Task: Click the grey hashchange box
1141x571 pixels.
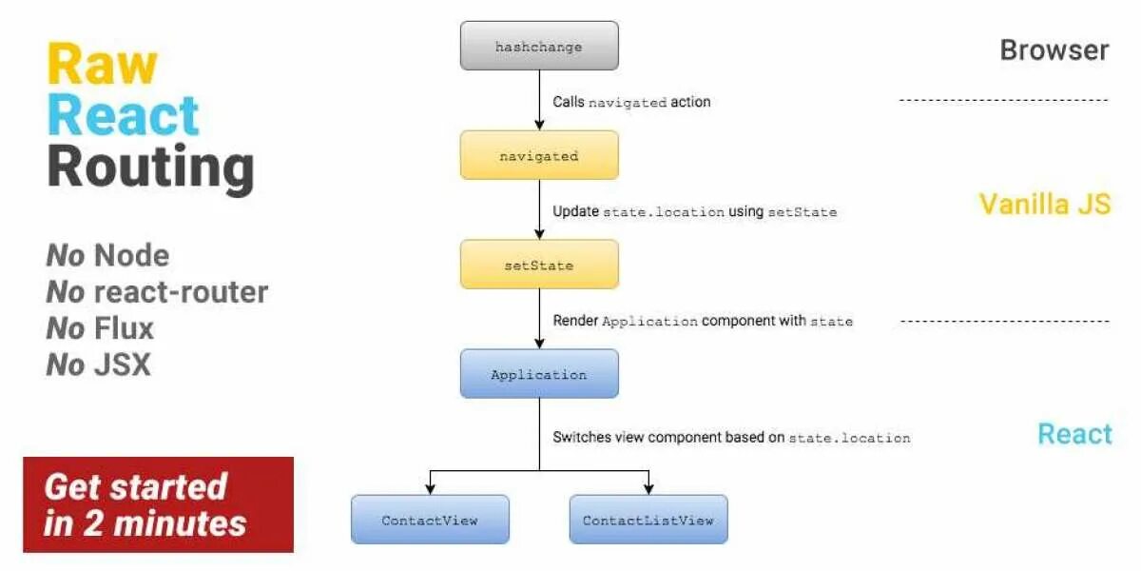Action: (539, 47)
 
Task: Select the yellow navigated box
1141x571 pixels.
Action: (539, 155)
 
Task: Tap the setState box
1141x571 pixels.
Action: (539, 265)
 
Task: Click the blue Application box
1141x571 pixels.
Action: (539, 374)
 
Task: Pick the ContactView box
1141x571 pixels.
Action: (430, 520)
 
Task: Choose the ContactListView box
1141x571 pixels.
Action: (648, 520)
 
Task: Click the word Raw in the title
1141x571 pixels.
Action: (102, 65)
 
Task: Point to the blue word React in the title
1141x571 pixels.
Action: (124, 116)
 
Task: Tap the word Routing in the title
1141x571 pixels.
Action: (150, 167)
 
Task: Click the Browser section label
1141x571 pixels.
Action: (1054, 50)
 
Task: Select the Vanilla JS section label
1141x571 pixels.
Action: (1045, 204)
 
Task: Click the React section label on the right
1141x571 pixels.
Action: (1074, 434)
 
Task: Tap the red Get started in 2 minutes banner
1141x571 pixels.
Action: (158, 504)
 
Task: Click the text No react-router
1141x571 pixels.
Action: (157, 292)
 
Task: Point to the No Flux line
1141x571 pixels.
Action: (100, 328)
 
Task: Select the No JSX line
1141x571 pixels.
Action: (98, 364)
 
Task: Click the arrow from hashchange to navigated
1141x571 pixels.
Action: (539, 101)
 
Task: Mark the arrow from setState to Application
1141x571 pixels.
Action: (539, 320)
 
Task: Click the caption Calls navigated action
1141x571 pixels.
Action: (631, 102)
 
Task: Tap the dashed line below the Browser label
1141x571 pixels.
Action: (1004, 100)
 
